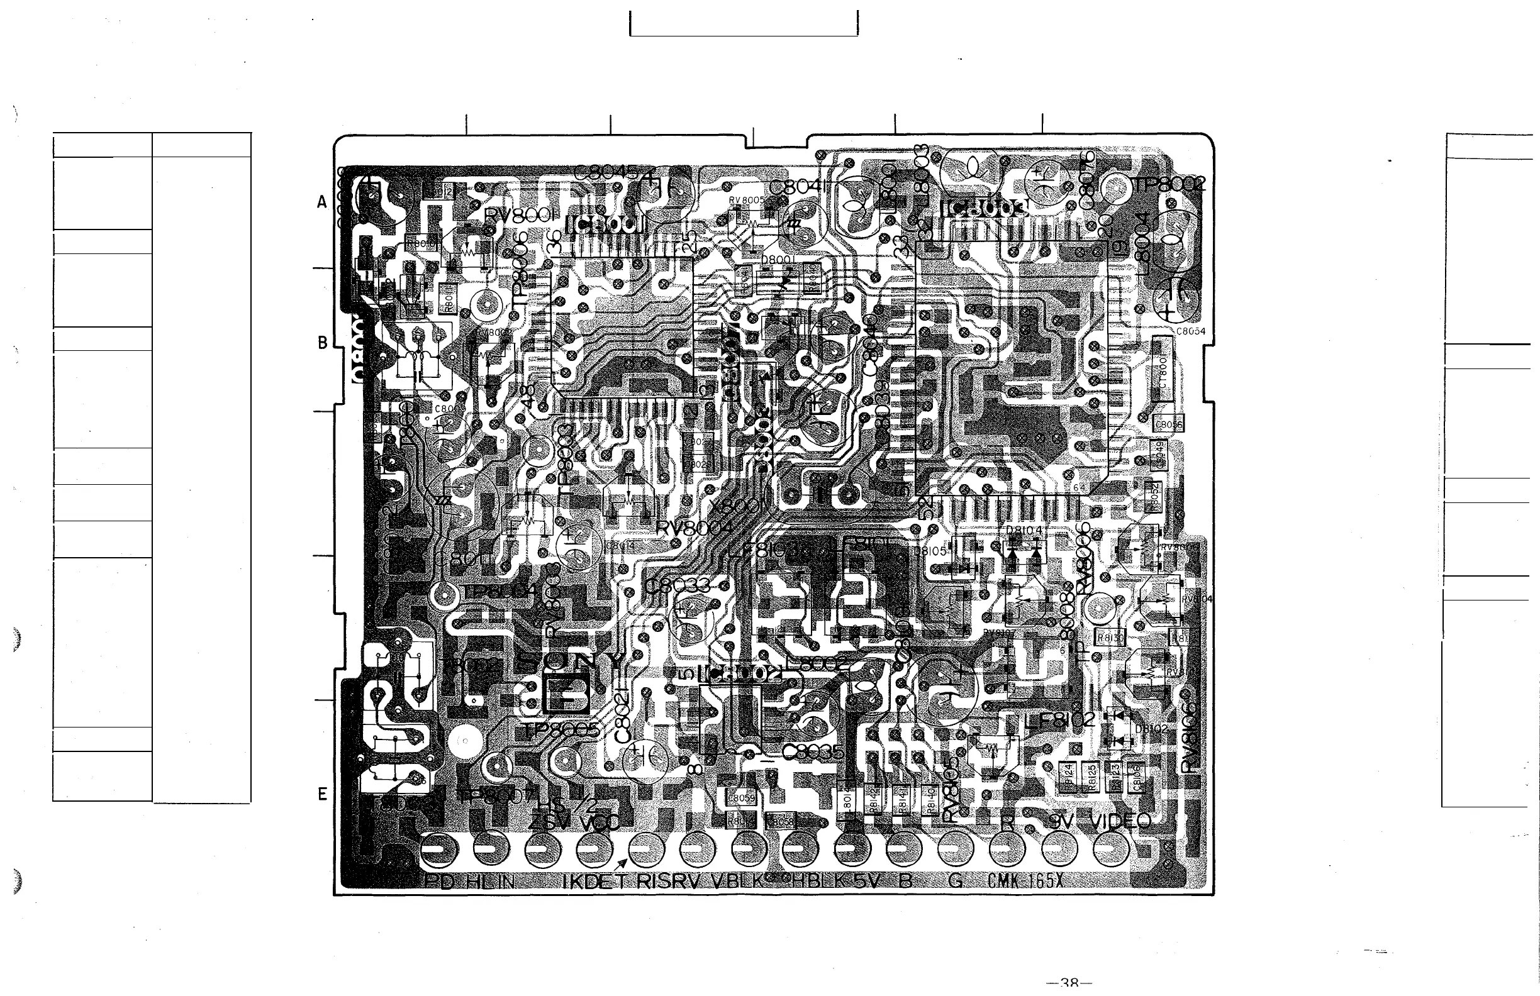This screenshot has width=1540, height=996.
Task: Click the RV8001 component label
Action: pos(520,216)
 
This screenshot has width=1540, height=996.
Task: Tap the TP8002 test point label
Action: pos(1170,184)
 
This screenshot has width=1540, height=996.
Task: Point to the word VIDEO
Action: pos(1120,821)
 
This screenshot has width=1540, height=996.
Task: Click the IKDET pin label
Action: pos(594,881)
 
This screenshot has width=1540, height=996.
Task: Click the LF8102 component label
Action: pos(1060,719)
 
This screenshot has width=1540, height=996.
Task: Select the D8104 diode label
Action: pos(1024,530)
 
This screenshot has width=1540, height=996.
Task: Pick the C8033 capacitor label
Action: pos(678,587)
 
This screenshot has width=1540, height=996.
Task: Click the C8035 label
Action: pos(813,751)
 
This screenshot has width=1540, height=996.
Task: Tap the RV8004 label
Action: pos(694,528)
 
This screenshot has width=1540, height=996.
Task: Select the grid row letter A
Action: pos(322,202)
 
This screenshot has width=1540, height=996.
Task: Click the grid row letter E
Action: pos(322,794)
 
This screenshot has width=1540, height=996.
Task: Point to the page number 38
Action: pos(1069,983)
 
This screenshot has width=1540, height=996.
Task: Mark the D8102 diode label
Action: pos(1151,729)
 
